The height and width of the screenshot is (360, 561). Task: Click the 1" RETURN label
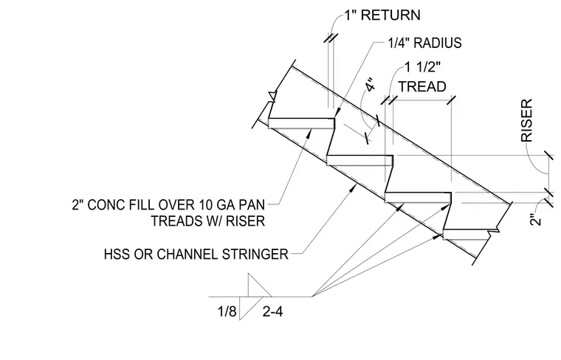pos(382,15)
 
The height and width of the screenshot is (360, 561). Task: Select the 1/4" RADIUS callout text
pos(424,43)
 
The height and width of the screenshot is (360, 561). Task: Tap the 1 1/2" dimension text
pos(422,67)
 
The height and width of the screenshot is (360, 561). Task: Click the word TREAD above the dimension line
pos(422,86)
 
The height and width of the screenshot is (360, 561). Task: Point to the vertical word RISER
pos(527,120)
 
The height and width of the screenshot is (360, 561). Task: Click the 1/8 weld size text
pos(227,312)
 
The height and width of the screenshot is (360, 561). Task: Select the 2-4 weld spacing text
pos(272,312)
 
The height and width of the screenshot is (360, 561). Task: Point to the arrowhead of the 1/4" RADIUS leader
pos(337,113)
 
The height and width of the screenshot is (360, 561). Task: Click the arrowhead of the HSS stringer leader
pos(354,187)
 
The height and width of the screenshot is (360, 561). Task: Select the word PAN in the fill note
pos(252,205)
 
